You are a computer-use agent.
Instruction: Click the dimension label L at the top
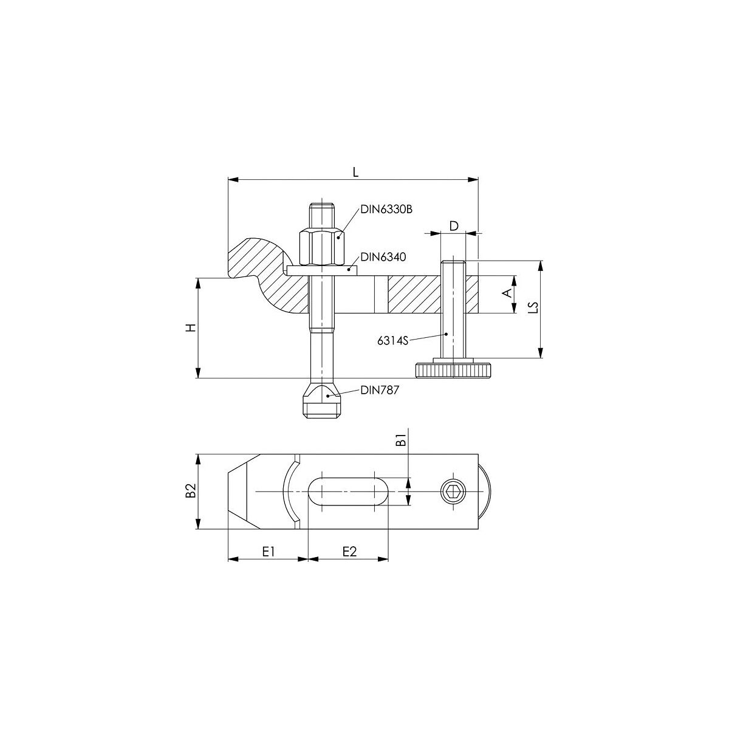355,172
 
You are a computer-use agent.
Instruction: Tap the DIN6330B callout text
386,209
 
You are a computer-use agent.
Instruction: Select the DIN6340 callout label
383,257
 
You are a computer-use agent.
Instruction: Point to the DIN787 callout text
380,390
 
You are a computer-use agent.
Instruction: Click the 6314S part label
392,341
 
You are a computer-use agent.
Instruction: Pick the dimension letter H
191,327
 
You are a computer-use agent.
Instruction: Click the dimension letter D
454,226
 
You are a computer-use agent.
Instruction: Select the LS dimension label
533,307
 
